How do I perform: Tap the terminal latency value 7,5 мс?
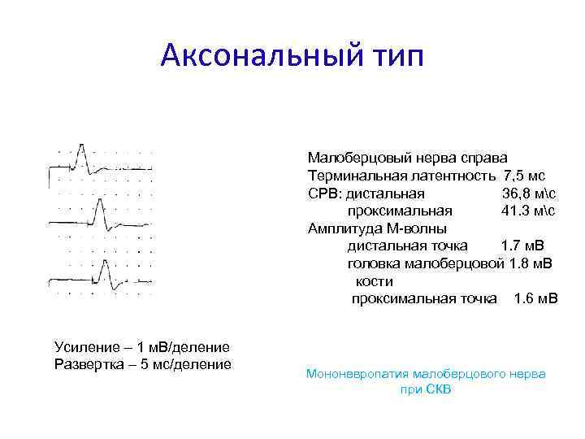[x=524, y=176]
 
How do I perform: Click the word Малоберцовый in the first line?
[x=349, y=158]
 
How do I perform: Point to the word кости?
[x=374, y=281]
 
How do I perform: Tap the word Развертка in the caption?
[x=87, y=363]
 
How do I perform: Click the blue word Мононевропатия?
[x=357, y=374]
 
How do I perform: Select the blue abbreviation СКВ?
[x=437, y=390]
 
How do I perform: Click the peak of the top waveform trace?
[x=80, y=147]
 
